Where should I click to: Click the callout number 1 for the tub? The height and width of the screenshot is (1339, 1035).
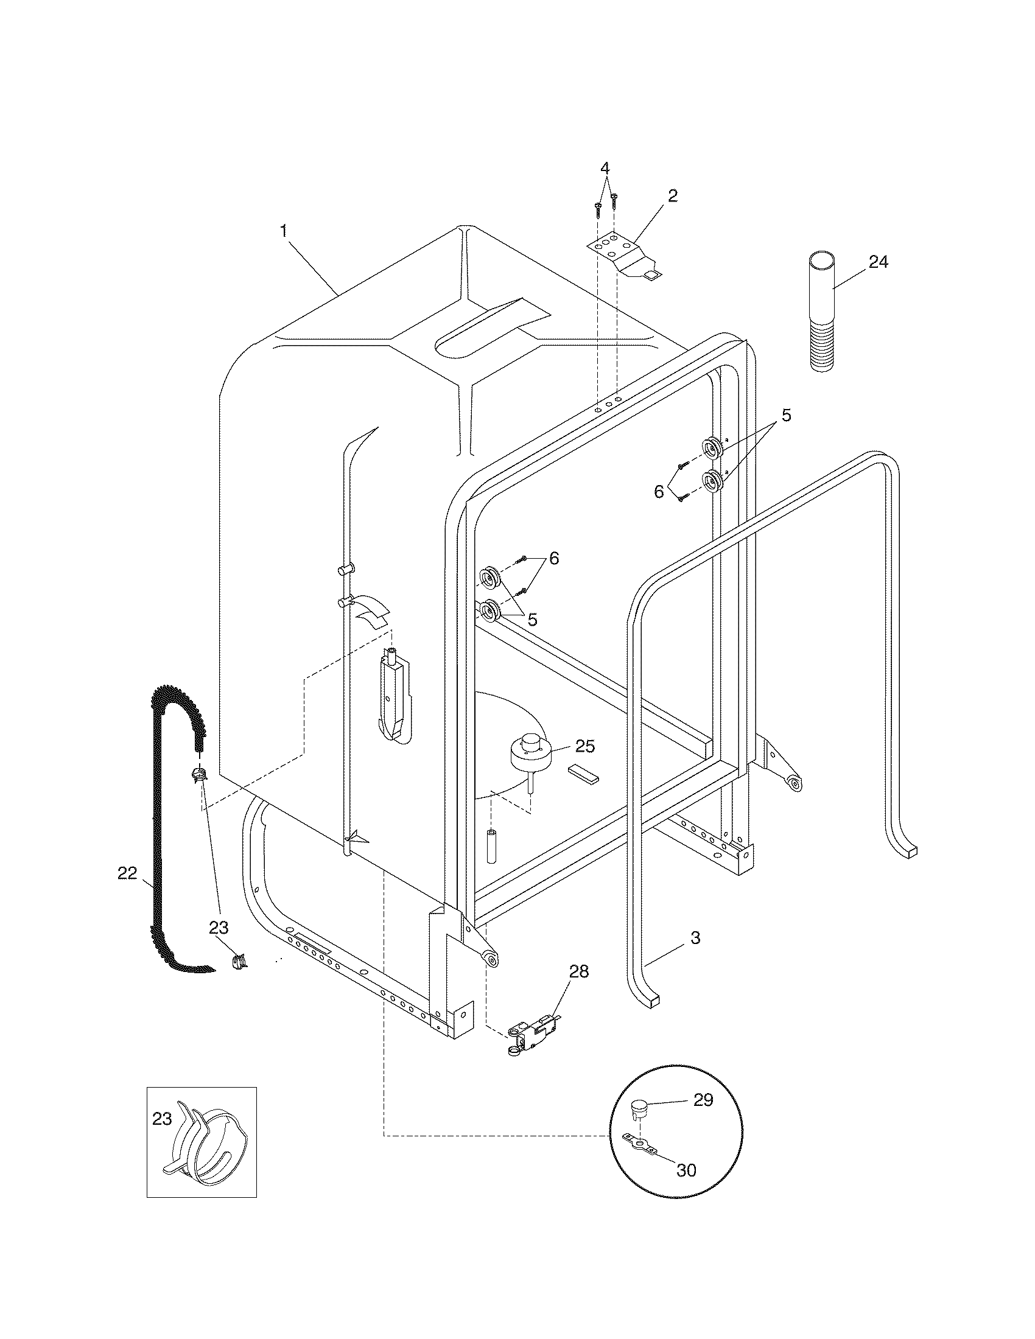pyautogui.click(x=283, y=231)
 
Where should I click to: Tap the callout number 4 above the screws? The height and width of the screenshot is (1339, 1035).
pyautogui.click(x=605, y=167)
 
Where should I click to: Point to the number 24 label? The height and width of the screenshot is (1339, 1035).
pyautogui.click(x=878, y=262)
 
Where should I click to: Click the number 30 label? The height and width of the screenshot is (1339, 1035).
pyautogui.click(x=686, y=1170)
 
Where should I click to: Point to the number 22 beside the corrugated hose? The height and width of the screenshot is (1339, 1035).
pyautogui.click(x=127, y=873)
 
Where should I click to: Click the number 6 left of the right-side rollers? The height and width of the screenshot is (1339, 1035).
pyautogui.click(x=659, y=492)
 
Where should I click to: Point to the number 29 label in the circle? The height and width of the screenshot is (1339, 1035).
pyautogui.click(x=703, y=1100)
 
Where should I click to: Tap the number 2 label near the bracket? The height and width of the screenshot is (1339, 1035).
pyautogui.click(x=673, y=196)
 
